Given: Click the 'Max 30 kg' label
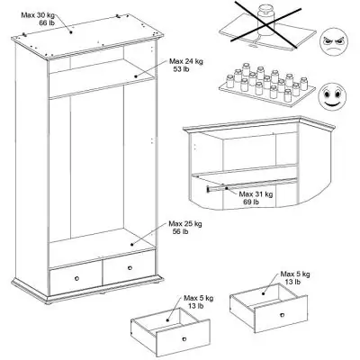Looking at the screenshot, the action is pos(38,14).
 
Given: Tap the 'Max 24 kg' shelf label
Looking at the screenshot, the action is pos(186,61).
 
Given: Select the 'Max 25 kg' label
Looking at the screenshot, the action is pos(185,224).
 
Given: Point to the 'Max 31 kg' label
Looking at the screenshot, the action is pos(256,194).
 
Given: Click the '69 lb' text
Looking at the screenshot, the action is pos(251,202).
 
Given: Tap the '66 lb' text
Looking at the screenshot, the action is pos(47,22).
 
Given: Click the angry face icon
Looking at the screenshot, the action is pos(333,41).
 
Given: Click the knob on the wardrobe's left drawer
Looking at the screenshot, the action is pos(76,278).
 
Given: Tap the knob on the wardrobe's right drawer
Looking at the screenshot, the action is pos(130,267).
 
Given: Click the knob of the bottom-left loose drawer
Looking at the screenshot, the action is pos(184,339).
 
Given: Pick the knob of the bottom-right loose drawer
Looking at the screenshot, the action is pos(282,315).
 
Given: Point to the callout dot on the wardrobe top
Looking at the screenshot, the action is pos(71,31).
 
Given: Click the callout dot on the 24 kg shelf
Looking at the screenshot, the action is pos(136,76).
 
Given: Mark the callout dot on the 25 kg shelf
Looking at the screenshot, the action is pos(131,245).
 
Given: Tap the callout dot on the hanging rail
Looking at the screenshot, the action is pos(227,188).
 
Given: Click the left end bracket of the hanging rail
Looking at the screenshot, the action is pos(208,189).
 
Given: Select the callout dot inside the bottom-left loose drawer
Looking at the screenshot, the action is pos(168,320).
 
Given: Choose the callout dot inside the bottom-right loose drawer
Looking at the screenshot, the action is pos(264,293).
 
